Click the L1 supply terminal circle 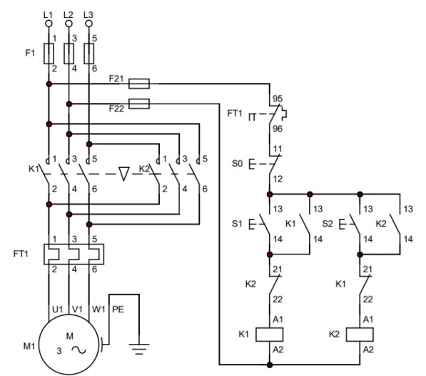49,24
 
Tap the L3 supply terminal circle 89,24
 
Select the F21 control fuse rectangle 139,84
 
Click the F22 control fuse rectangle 139,104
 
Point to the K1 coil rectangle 270,335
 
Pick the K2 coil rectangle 360,335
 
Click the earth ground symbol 139,349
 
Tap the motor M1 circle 69,345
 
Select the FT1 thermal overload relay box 73,254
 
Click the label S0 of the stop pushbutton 237,164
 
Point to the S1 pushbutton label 237,224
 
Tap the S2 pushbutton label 328,224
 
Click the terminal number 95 278,98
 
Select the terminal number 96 278,129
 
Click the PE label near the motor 118,310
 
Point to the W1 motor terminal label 98,310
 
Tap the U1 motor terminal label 57,310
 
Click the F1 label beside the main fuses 30,53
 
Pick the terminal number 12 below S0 278,179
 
